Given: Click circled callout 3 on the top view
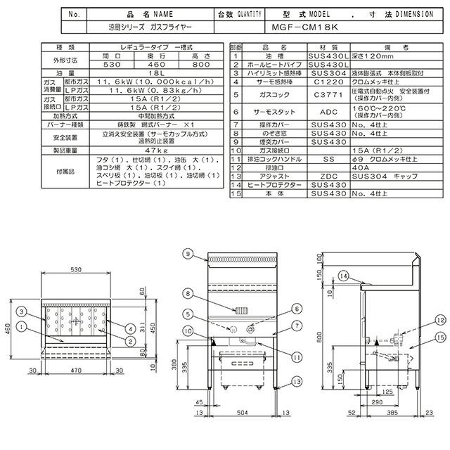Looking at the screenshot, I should (x=22, y=311).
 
